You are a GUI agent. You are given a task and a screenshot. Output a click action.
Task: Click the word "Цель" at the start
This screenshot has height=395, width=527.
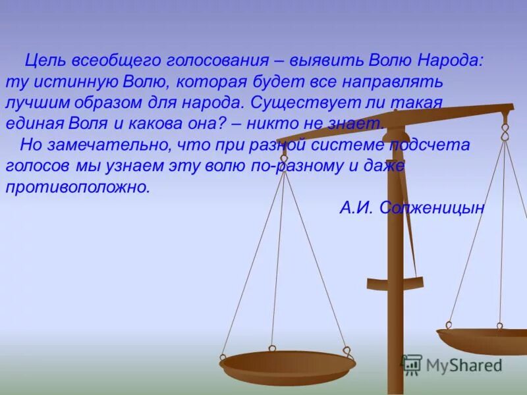(44, 61)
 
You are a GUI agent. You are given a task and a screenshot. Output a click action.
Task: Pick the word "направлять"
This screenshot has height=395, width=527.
(393, 82)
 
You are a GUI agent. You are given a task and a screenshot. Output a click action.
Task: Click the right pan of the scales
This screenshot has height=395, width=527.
(484, 340)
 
